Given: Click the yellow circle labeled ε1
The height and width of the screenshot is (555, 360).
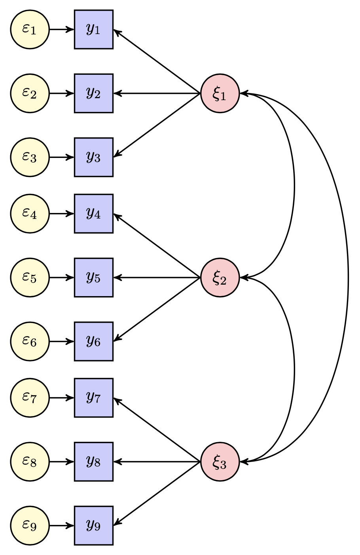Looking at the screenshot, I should point(30,29).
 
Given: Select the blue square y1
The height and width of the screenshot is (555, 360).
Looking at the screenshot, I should point(94,29).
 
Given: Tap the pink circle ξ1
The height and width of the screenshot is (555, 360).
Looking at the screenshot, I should point(220,93).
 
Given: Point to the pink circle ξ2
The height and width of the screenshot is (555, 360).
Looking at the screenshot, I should point(220,277).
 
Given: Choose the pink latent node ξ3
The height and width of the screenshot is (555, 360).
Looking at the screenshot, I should point(220,462).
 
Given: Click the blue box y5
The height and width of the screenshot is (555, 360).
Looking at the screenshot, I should point(94,277).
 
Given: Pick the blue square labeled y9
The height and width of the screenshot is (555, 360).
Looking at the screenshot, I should point(94,525).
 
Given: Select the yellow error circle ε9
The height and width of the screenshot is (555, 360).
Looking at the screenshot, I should point(30,525).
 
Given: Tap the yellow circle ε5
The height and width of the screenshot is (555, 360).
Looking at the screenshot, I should point(30,277).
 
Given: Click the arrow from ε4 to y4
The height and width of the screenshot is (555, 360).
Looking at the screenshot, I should point(62,214).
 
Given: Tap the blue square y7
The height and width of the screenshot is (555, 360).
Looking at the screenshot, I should point(94,398).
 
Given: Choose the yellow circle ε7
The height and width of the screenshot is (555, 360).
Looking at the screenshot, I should point(30,398).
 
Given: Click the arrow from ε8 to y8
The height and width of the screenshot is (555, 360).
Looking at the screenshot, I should point(62,462).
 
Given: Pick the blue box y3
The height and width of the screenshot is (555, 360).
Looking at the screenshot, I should point(94,157).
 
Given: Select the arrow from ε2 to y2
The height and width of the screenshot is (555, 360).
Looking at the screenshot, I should point(62,93).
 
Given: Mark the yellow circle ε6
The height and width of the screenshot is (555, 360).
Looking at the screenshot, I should point(30,341).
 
